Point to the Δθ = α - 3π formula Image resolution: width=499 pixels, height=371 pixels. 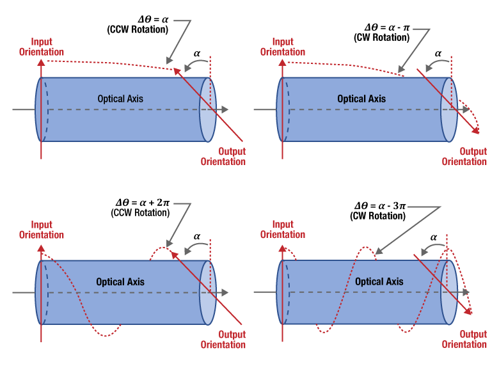click(380, 206)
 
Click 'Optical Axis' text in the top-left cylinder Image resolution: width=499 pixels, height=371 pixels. click(120, 99)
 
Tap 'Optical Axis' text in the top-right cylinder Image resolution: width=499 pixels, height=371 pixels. click(361, 99)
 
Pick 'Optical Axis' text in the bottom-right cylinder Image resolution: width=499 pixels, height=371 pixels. click(379, 281)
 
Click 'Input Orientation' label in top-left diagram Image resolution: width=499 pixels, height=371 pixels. click(42, 47)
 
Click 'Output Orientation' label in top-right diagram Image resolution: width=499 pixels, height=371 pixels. click(464, 157)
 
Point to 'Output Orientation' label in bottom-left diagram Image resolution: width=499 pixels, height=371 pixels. click(223, 340)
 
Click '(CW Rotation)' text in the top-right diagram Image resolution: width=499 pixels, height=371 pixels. click(381, 38)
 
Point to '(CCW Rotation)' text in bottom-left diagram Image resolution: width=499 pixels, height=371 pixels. click(139, 212)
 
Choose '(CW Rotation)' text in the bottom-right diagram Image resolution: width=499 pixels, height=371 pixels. click(377, 216)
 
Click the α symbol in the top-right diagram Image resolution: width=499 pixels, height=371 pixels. click(438, 54)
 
